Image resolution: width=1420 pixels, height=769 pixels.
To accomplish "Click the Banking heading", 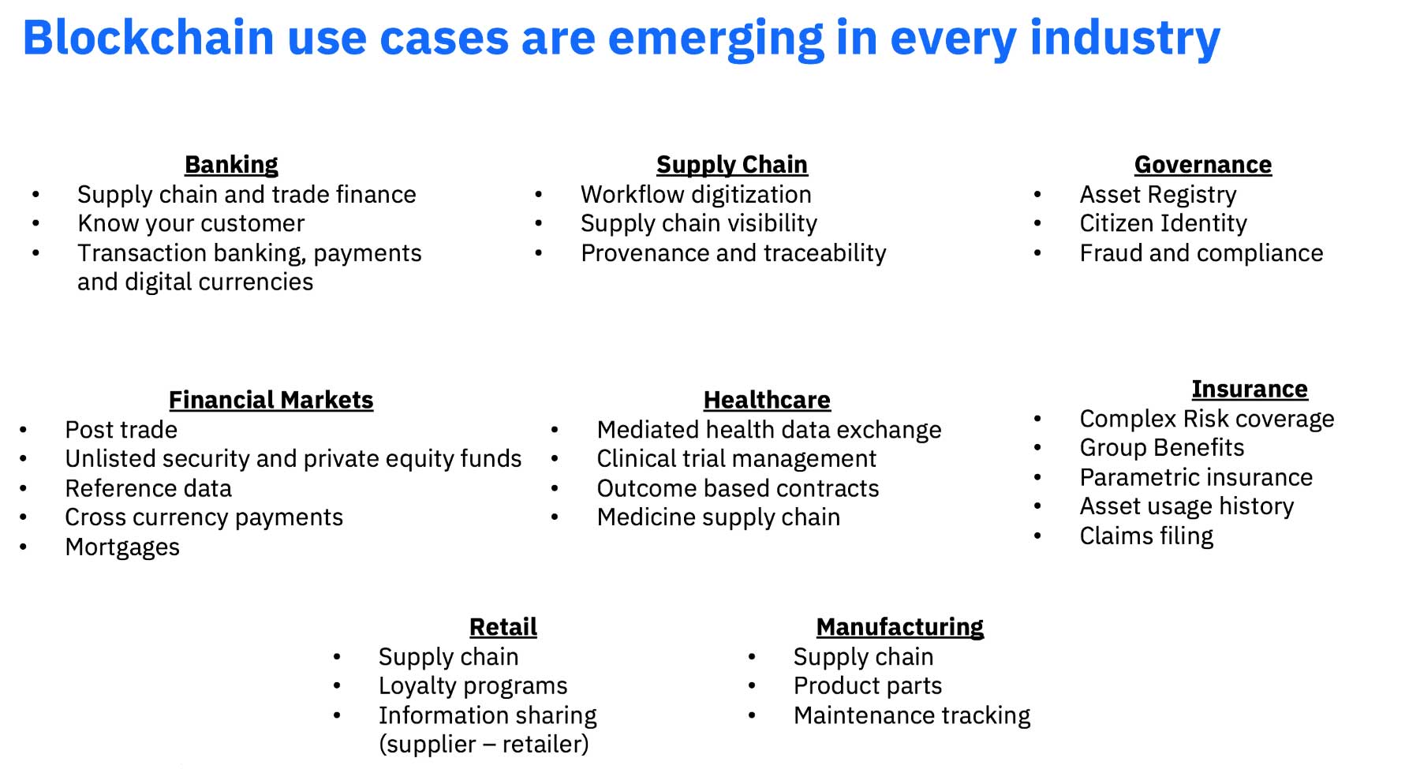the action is pyautogui.click(x=231, y=165).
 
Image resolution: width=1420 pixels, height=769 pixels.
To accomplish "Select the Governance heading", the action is pyautogui.click(x=1203, y=165).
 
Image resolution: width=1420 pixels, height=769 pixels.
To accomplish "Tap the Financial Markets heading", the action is pyautogui.click(x=271, y=400).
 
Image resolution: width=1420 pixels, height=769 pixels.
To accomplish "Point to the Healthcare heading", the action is pyautogui.click(x=767, y=400).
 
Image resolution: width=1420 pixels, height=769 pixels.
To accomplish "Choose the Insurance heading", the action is pyautogui.click(x=1250, y=389).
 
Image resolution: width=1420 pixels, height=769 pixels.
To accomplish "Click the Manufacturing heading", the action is pyautogui.click(x=900, y=627).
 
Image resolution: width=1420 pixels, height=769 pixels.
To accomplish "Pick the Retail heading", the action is pyautogui.click(x=503, y=627).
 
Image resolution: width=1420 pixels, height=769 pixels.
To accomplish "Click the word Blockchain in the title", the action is pyautogui.click(x=148, y=37).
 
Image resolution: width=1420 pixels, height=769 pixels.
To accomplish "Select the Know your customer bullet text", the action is pyautogui.click(x=191, y=224).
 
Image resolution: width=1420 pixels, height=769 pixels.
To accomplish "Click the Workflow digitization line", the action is pyautogui.click(x=696, y=195).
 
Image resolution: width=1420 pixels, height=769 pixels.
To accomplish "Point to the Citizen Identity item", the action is pyautogui.click(x=1164, y=224).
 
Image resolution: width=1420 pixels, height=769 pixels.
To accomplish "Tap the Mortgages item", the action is pyautogui.click(x=122, y=547).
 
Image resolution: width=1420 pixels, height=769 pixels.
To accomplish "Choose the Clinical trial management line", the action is pyautogui.click(x=737, y=459).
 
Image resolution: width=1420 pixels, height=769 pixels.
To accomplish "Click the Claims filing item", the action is pyautogui.click(x=1146, y=536).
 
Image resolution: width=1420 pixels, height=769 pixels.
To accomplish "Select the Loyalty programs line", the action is pyautogui.click(x=473, y=686).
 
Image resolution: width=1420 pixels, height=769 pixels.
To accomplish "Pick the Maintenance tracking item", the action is pyautogui.click(x=912, y=715).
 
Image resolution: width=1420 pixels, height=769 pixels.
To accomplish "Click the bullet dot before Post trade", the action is pyautogui.click(x=24, y=430).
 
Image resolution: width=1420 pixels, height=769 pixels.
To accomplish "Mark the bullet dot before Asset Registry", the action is pyautogui.click(x=1037, y=194).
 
